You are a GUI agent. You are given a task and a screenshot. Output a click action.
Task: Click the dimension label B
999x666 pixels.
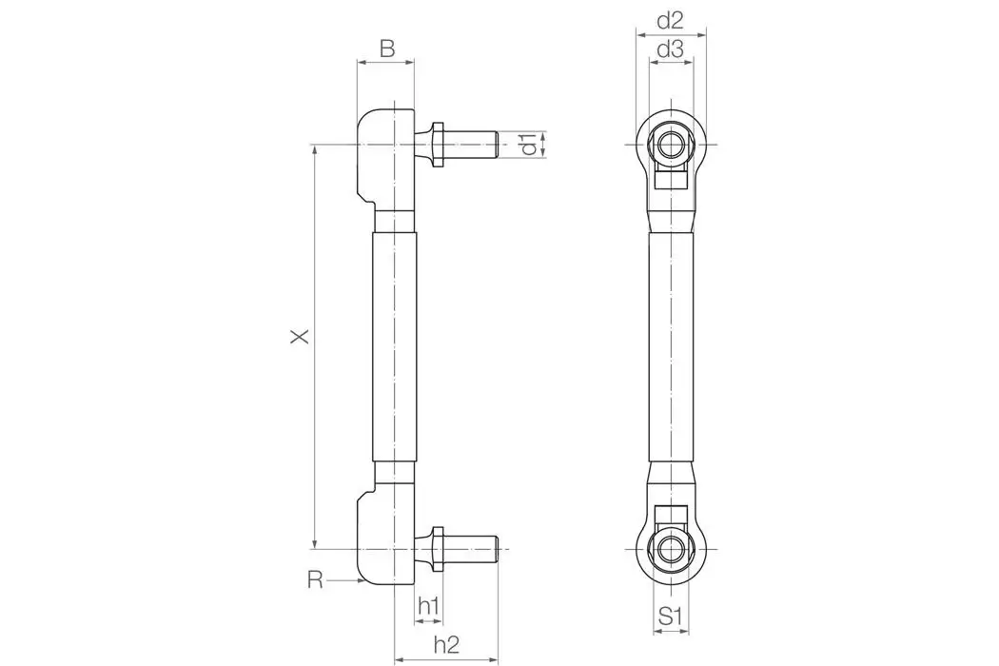386,49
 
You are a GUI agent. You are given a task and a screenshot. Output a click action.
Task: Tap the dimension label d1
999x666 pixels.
528,145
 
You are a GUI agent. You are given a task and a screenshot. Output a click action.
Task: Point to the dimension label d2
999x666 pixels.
671,20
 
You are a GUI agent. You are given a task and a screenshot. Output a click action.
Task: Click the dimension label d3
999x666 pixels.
671,50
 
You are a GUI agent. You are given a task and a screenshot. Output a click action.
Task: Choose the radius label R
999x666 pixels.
315,579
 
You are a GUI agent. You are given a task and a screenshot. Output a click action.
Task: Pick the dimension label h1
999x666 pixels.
428,605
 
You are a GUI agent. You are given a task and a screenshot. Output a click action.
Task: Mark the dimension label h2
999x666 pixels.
446,644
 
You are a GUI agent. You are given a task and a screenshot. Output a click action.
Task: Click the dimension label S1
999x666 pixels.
672,617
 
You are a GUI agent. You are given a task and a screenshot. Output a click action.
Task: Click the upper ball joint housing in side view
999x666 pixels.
385,157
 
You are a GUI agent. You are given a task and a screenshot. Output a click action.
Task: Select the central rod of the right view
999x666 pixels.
672,347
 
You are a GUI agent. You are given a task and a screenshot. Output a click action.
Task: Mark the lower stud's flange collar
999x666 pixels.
438,549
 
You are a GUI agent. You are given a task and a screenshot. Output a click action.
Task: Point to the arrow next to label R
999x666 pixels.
344,579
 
